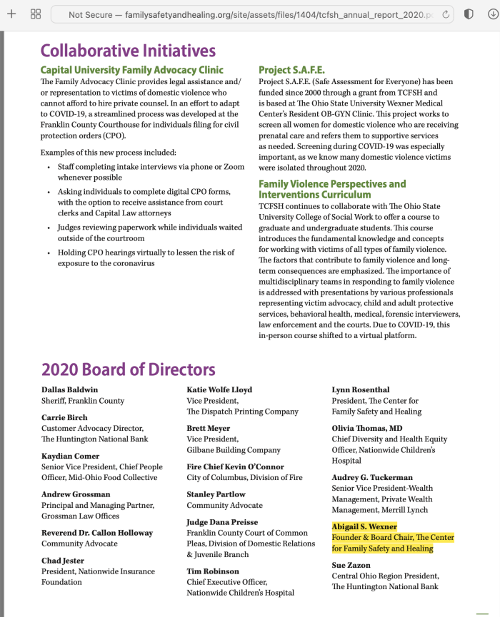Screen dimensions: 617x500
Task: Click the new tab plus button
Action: [11, 14]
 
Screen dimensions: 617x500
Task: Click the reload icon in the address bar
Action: [446, 14]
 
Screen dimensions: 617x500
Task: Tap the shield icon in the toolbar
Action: [469, 14]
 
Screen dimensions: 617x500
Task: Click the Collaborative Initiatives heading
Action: [128, 51]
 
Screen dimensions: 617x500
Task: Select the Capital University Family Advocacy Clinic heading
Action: [132, 70]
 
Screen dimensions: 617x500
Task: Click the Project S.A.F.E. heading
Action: [291, 70]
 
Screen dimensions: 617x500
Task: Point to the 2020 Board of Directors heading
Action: [128, 369]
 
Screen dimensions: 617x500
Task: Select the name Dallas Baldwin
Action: [70, 390]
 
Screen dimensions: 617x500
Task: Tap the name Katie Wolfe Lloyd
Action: [219, 390]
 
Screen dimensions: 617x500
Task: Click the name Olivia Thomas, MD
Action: [367, 429]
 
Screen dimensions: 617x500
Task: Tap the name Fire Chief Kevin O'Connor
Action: [236, 467]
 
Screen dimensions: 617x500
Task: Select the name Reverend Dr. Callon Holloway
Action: [97, 533]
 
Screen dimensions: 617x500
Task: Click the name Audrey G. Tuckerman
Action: [372, 478]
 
